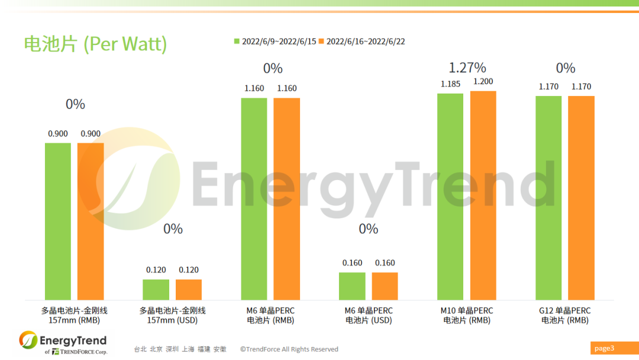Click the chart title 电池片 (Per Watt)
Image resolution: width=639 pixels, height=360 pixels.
click(x=95, y=44)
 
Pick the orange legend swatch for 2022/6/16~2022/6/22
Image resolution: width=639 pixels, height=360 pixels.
click(x=322, y=41)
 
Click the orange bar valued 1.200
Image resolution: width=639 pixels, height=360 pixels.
click(x=483, y=195)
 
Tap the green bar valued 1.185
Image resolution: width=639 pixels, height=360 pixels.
click(x=450, y=197)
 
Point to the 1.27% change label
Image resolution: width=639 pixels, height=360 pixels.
click(x=467, y=67)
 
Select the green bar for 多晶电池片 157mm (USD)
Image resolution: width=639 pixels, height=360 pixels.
click(x=156, y=290)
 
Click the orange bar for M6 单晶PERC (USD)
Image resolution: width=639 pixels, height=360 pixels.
click(x=385, y=286)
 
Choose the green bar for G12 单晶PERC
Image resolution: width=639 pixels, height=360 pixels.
click(x=548, y=198)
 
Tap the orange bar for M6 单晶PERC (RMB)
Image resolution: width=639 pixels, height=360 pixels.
click(x=287, y=199)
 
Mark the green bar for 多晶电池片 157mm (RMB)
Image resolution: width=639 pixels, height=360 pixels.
click(x=58, y=221)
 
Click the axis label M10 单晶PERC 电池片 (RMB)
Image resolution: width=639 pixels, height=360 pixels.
click(x=467, y=316)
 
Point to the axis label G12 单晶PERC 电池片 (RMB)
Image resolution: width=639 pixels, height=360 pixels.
click(x=565, y=316)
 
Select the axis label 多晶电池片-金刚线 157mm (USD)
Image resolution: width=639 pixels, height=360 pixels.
click(x=172, y=316)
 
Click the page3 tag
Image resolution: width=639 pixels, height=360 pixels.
click(x=605, y=348)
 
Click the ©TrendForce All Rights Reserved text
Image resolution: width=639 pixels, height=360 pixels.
click(x=289, y=349)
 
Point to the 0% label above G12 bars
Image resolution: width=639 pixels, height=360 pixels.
click(x=566, y=68)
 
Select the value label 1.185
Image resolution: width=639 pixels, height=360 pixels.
click(x=450, y=84)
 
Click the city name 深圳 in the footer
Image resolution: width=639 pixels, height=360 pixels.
click(x=172, y=349)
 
